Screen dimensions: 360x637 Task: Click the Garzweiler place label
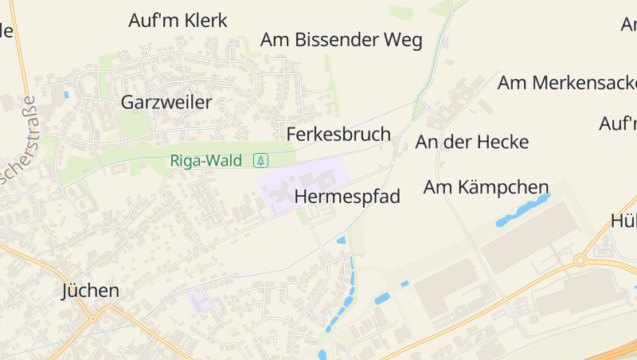(166, 102)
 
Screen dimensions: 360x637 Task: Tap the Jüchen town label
(90, 291)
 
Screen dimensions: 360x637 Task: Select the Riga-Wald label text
(205, 161)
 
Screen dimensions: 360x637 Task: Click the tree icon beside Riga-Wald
(260, 161)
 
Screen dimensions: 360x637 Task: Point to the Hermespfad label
(347, 196)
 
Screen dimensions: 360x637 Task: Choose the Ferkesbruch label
(338, 134)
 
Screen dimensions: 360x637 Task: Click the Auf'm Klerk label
(178, 21)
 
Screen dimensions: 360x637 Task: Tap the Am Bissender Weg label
(342, 40)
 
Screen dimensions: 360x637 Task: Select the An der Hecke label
(472, 142)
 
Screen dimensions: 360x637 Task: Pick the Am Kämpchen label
(486, 187)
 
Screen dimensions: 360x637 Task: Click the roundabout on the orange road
(580, 260)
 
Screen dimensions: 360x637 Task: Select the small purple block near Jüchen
(199, 301)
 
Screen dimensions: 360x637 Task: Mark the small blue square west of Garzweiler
(65, 94)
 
